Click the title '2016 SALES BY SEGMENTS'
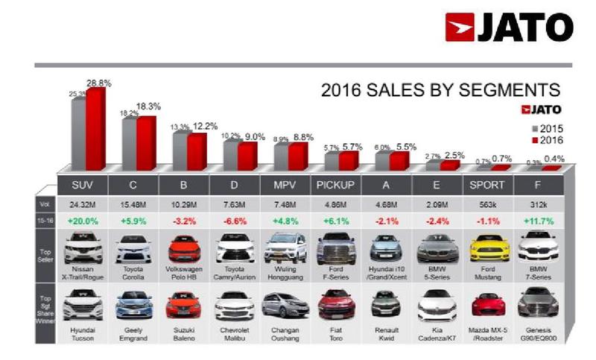(x=440, y=91)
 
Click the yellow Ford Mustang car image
(x=489, y=247)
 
